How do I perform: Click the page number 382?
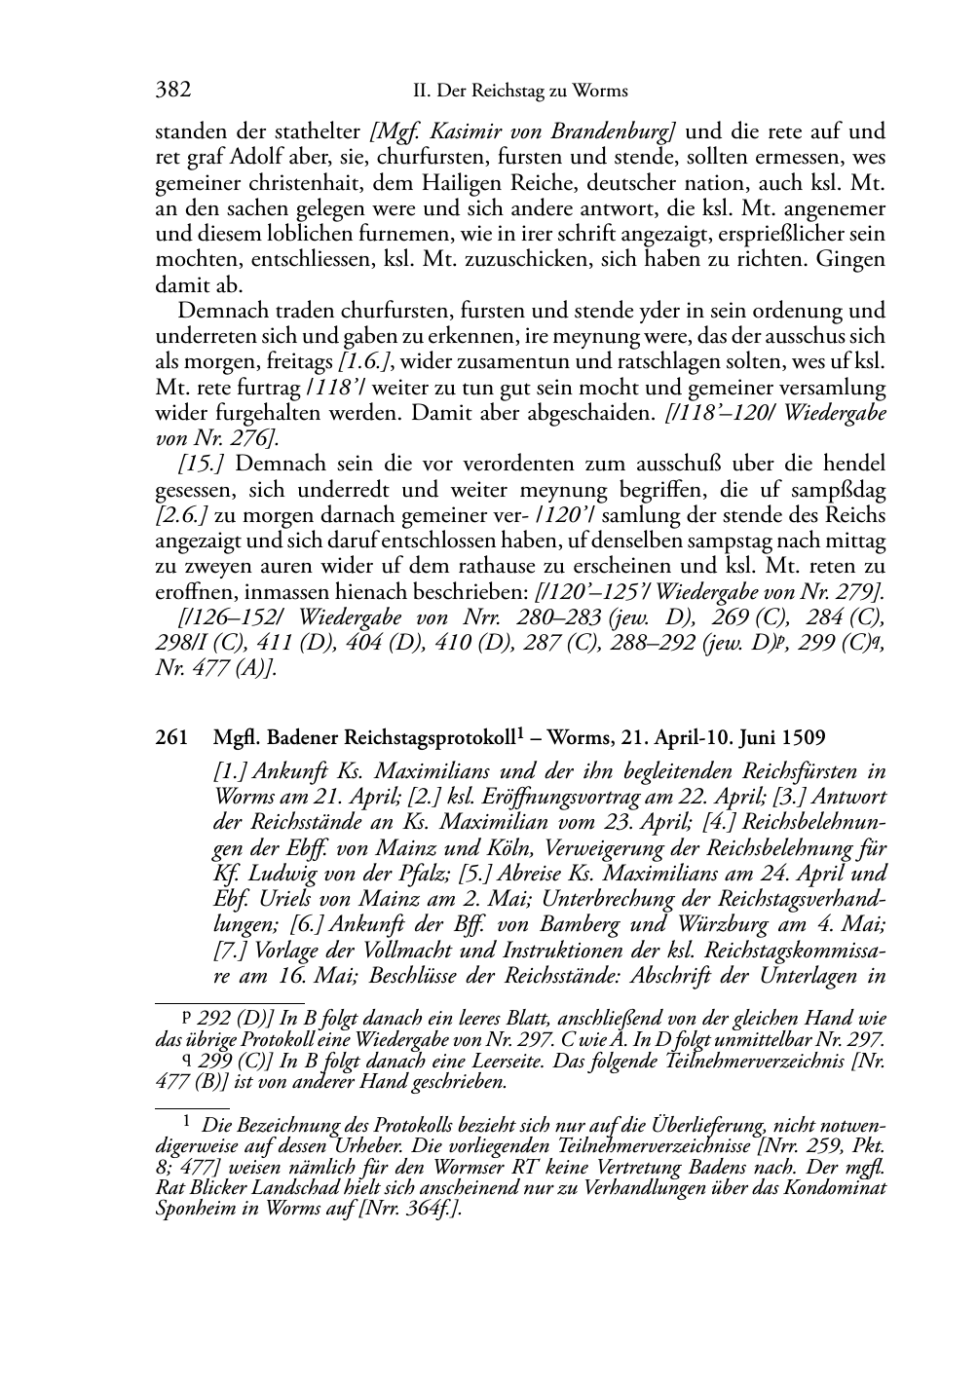[172, 91]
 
